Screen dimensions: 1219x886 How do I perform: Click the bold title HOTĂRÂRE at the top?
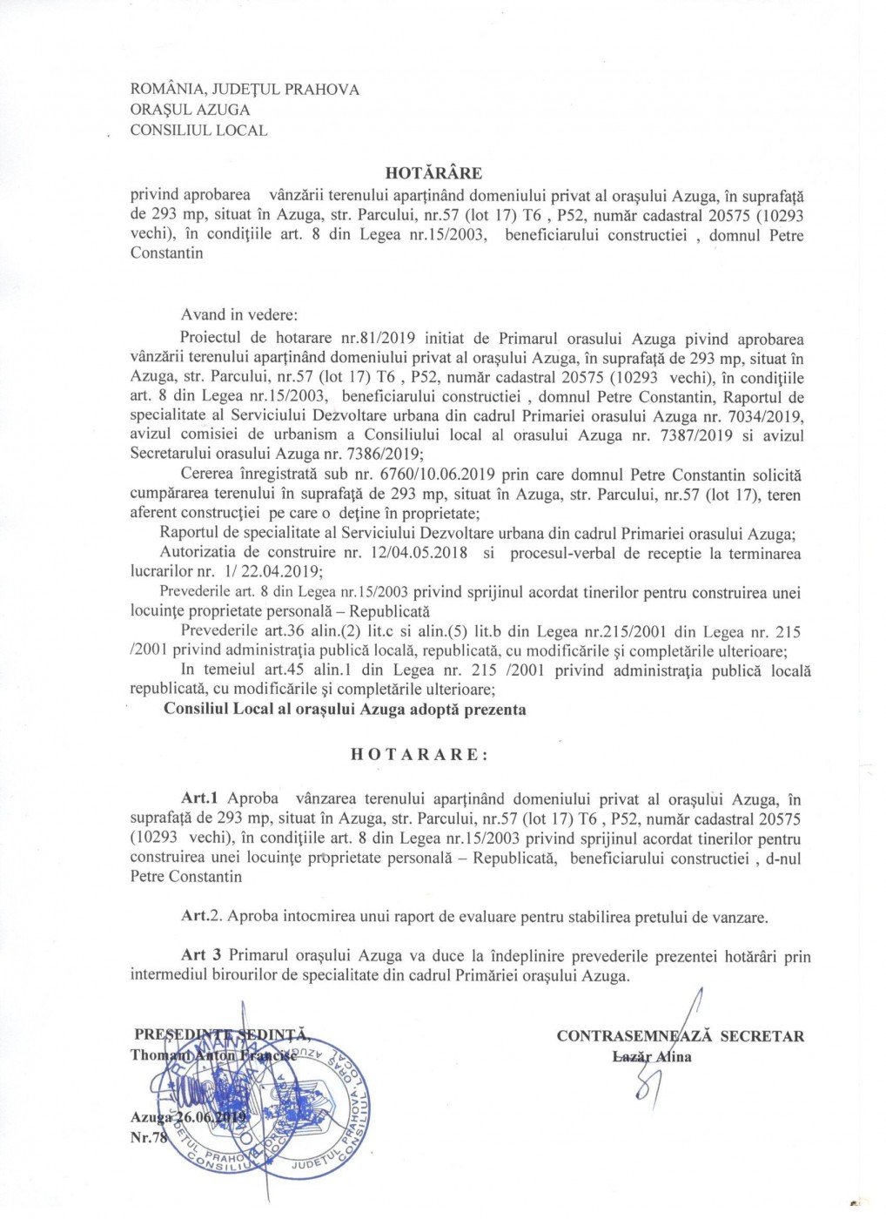tap(433, 173)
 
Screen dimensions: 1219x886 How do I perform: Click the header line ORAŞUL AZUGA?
tap(190, 110)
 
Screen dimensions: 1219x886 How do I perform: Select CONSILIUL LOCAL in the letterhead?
tap(198, 131)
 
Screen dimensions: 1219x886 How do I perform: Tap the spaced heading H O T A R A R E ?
tap(420, 755)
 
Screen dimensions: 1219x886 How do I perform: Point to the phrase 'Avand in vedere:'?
tap(239, 314)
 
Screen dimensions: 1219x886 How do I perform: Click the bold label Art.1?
tap(201, 798)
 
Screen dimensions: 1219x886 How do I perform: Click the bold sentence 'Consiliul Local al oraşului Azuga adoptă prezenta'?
tap(345, 709)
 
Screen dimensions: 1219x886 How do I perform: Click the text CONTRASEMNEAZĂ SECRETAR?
tap(680, 1036)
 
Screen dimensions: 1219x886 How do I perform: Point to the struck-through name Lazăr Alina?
tap(652, 1057)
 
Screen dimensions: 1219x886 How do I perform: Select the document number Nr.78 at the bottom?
tap(149, 1137)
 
